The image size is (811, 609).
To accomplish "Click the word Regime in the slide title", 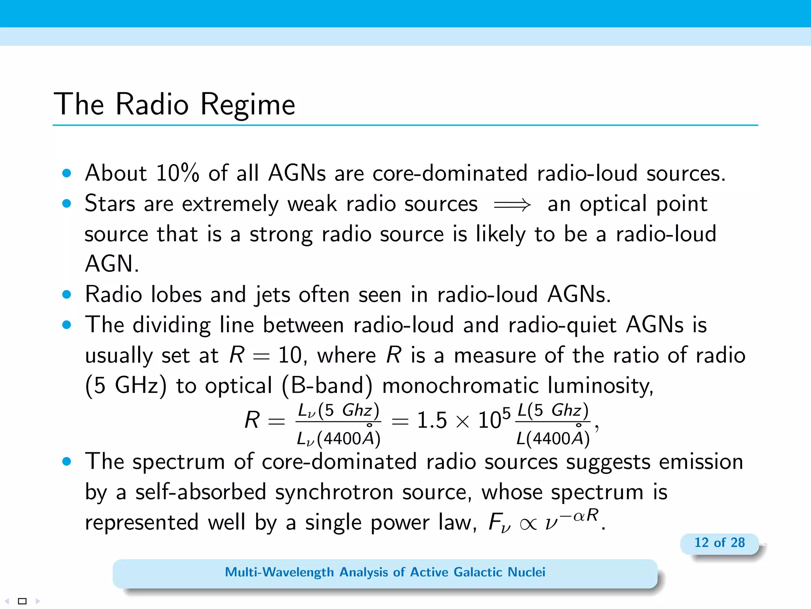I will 247,105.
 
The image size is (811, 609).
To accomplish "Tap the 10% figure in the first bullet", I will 177,173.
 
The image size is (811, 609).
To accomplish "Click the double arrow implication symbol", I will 512,205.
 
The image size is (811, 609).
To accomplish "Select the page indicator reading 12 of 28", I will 719,542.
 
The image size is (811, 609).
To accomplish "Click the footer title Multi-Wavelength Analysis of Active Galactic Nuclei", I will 385,572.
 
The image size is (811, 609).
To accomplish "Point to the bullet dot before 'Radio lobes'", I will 67,295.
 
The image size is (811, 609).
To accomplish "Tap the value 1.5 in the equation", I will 432,420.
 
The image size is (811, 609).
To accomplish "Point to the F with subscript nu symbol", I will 498,523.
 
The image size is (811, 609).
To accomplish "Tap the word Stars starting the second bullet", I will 110,204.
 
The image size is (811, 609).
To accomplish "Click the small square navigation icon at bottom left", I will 23,601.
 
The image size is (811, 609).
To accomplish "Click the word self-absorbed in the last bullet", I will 200,492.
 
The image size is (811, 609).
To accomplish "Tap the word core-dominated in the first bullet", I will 450,173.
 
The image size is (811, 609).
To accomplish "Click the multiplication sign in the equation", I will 462,421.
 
